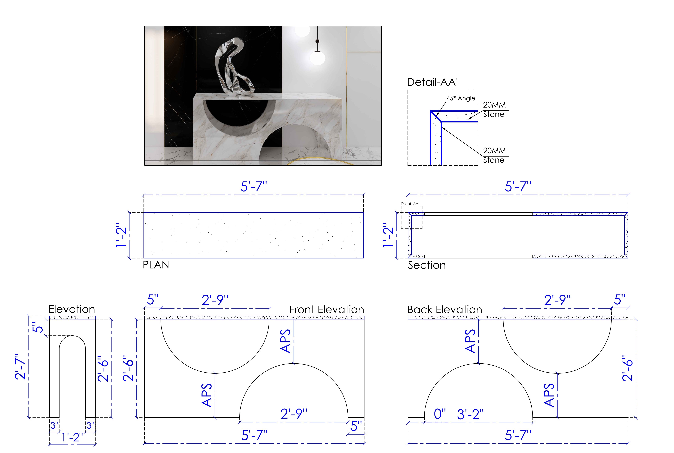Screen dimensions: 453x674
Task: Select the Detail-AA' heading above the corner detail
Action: coord(432,82)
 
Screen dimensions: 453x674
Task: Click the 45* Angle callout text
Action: coord(461,98)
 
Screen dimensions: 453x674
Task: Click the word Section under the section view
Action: coord(427,265)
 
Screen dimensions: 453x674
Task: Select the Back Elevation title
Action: coord(445,310)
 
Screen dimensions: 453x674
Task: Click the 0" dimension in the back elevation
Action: coord(440,414)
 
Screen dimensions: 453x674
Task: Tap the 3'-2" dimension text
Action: coord(470,414)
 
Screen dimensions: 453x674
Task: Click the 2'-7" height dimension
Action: coord(21,366)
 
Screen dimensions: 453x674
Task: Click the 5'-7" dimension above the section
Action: coord(518,187)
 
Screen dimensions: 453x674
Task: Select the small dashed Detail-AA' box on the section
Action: coord(412,217)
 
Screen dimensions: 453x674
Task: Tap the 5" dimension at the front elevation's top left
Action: coord(153,300)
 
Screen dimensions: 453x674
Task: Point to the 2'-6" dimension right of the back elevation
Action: coord(628,368)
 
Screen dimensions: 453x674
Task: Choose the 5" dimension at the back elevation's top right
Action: coord(620,300)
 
